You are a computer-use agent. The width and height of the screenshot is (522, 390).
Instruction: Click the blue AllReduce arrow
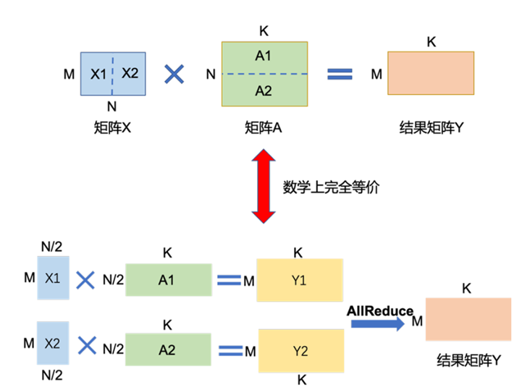click(x=377, y=324)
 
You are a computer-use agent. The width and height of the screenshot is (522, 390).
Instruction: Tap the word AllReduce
click(x=380, y=311)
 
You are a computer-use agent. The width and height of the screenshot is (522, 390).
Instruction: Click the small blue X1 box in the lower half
click(x=53, y=278)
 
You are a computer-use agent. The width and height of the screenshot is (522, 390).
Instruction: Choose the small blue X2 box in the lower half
click(x=53, y=344)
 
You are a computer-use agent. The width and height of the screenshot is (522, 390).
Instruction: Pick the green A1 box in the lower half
click(x=168, y=280)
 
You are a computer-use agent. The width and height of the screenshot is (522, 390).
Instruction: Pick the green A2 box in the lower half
click(x=169, y=349)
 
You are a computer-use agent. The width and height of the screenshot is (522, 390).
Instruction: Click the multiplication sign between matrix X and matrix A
click(x=174, y=74)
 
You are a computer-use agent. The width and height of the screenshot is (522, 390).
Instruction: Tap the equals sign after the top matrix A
click(x=340, y=74)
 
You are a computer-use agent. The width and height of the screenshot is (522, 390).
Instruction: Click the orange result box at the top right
click(x=430, y=73)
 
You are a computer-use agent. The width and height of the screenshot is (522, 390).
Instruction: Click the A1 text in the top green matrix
click(x=264, y=56)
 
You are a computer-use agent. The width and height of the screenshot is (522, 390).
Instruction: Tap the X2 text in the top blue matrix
click(x=130, y=73)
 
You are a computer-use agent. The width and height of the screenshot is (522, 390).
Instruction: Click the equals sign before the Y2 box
click(x=230, y=350)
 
